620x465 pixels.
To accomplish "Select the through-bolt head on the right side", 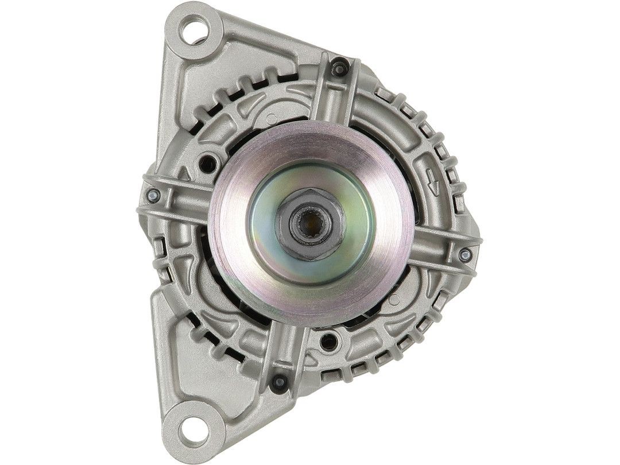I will (x=465, y=253).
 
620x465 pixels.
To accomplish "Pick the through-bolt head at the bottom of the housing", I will (x=279, y=381).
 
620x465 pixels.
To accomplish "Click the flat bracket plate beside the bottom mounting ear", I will (x=172, y=356).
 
